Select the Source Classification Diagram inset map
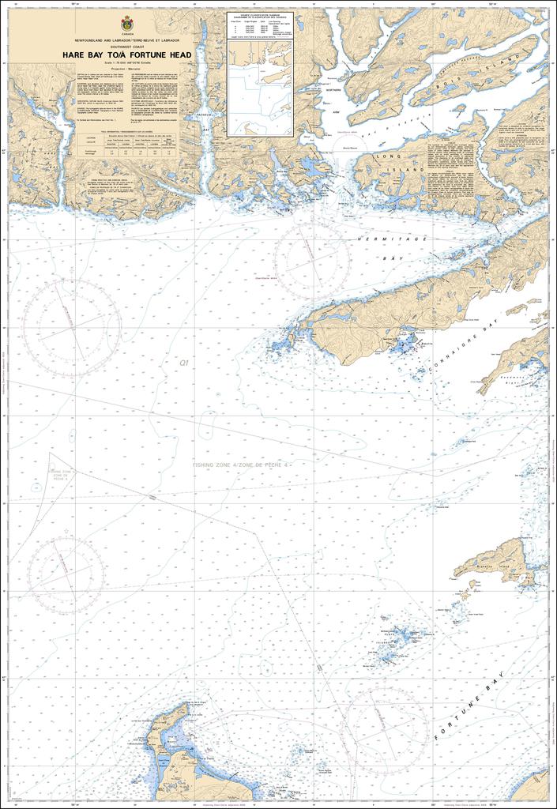(x=260, y=75)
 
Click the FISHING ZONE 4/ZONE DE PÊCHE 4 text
(x=242, y=466)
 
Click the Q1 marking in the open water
(x=183, y=363)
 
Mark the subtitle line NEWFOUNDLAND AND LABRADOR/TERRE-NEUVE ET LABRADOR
(x=129, y=40)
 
